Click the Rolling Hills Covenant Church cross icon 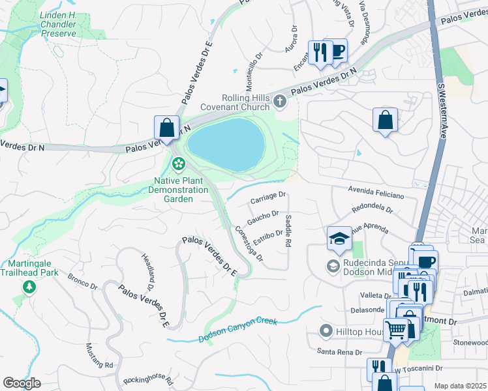(280, 100)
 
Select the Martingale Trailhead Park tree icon (29, 287)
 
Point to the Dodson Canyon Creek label (238, 330)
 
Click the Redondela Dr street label (372, 210)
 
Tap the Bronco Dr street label (82, 281)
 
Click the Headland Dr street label (147, 272)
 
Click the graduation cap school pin (339, 239)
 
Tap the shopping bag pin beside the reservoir (166, 128)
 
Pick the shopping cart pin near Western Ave (395, 330)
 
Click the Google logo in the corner (22, 383)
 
